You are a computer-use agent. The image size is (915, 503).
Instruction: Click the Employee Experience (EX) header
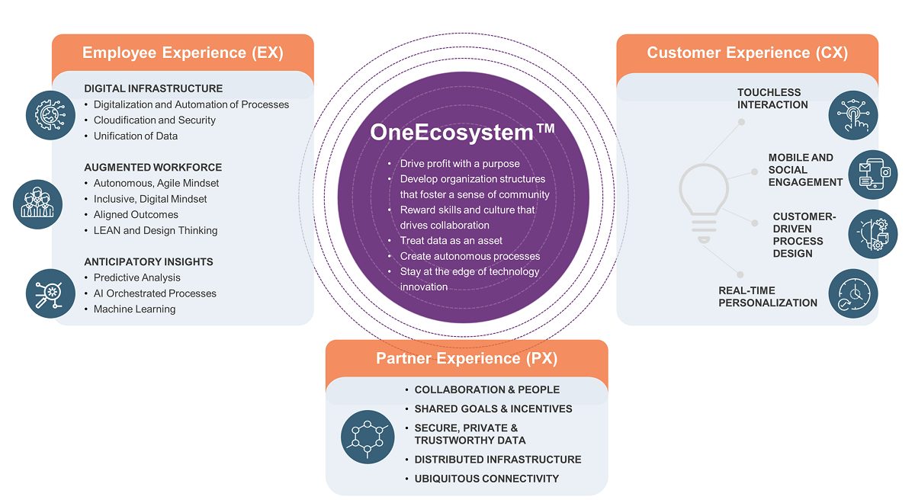(182, 53)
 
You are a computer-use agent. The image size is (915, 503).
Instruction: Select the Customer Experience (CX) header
(747, 53)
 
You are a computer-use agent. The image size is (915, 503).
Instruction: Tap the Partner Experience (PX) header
(467, 358)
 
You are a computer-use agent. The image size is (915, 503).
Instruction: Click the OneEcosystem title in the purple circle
(462, 132)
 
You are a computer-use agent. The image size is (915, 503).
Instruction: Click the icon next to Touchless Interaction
(852, 115)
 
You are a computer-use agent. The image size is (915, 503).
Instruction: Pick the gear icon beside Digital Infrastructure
(50, 114)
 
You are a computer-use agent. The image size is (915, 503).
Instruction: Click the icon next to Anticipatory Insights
(50, 293)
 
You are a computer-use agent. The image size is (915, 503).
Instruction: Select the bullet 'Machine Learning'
(134, 309)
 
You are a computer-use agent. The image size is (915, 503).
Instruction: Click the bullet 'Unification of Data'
(135, 136)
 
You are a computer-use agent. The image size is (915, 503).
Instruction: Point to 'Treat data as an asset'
(451, 241)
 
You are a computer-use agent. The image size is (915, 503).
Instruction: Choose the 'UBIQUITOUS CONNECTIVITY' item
(486, 479)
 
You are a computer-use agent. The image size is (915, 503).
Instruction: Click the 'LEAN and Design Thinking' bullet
(156, 230)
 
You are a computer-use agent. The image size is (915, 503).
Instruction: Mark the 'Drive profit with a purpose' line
(461, 164)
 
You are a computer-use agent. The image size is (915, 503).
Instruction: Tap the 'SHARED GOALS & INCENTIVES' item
(493, 409)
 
